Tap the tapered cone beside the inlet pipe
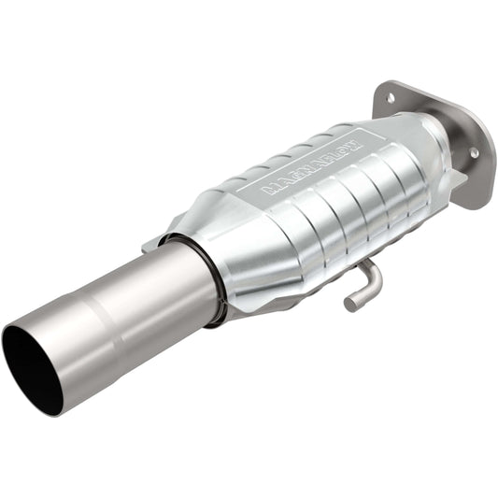tap(201, 234)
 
